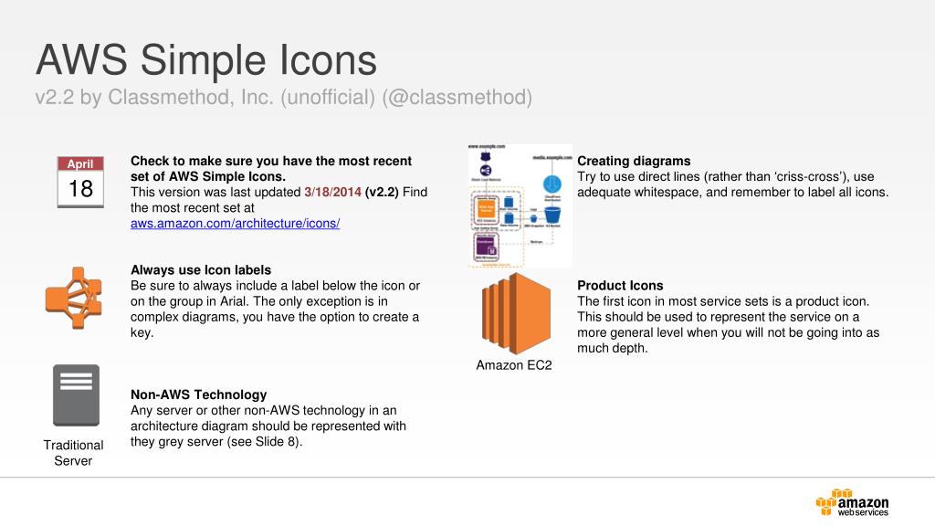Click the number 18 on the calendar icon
pos(80,189)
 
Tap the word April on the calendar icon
pos(80,164)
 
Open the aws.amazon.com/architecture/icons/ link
pos(236,224)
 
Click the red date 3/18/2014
pos(332,192)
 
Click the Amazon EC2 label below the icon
pos(513,365)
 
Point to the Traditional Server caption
pos(74,453)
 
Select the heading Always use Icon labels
pos(201,269)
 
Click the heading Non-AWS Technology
pos(198,394)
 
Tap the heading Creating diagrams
pos(634,161)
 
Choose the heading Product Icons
pos(620,285)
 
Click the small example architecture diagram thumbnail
pos(518,205)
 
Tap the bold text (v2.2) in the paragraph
pos(382,192)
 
